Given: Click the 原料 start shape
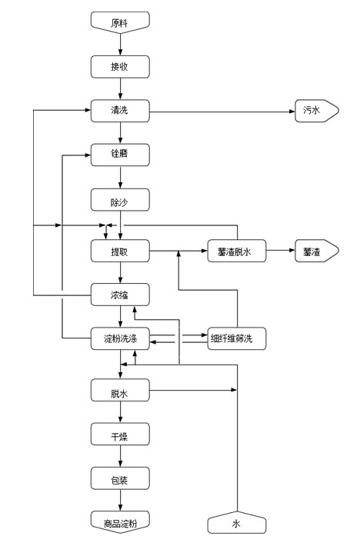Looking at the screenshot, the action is (120, 22).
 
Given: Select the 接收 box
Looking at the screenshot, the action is (120, 67).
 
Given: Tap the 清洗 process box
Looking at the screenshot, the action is (120, 111).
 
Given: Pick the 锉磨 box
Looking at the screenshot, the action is (120, 155).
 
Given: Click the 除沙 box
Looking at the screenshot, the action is (120, 200).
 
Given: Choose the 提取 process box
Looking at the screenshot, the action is (120, 251).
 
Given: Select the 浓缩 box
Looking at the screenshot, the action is (120, 295).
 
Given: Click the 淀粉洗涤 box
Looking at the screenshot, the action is (120, 338).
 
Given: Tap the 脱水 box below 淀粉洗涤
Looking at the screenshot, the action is (120, 391).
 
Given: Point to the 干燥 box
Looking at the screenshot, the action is (120, 434).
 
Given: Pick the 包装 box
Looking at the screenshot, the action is (120, 478).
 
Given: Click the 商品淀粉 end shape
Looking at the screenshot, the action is (120, 522).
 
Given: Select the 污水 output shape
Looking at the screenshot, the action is (317, 111).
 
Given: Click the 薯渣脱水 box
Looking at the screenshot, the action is (237, 251).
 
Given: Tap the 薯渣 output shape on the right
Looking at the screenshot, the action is (317, 251).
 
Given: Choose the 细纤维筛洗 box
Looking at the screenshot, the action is (237, 338).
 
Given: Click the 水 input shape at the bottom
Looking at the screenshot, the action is (237, 522).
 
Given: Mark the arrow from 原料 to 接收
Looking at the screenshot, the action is (121, 45).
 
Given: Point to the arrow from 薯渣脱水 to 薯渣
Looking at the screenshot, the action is (281, 251).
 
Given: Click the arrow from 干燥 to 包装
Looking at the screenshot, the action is (121, 456).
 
